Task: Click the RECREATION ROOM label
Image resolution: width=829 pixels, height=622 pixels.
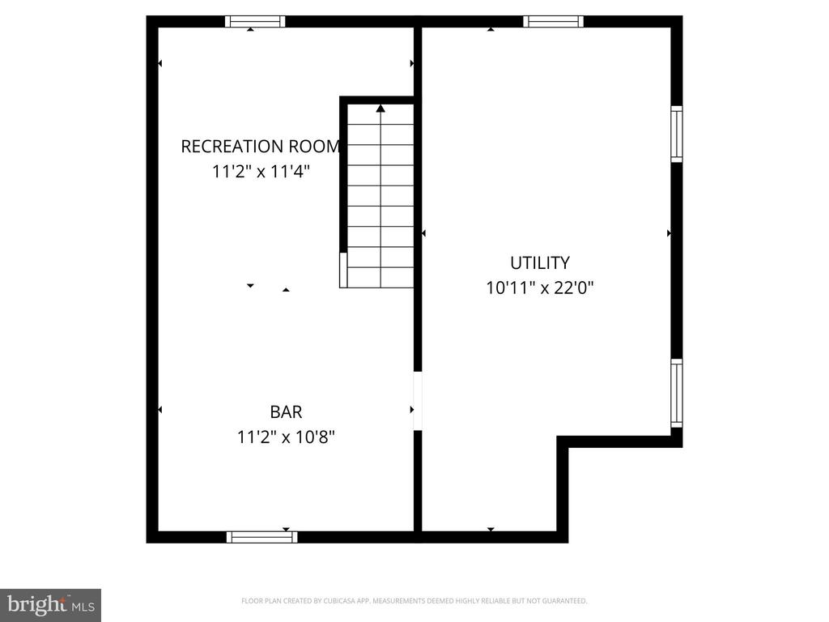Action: point(260,147)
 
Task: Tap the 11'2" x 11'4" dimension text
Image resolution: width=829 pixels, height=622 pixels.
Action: point(261,172)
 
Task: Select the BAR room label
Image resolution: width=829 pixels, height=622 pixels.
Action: point(286,411)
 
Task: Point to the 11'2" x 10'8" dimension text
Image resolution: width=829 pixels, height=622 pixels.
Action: point(286,437)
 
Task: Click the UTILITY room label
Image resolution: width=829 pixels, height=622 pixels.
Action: point(539,262)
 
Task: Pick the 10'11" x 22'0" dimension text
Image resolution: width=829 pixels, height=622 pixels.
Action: point(540,288)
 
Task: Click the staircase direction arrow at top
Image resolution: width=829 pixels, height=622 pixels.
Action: point(380,108)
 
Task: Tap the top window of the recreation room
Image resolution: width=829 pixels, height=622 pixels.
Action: point(255,22)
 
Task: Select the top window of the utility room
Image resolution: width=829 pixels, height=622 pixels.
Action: point(553,22)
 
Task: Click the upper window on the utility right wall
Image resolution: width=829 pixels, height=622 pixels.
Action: point(677,134)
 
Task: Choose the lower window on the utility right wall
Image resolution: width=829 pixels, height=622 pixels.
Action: point(677,393)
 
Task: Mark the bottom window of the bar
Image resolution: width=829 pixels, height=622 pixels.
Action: point(261,536)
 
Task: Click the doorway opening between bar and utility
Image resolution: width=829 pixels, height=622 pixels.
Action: point(418,401)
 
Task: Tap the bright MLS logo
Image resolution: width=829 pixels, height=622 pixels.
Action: point(50,604)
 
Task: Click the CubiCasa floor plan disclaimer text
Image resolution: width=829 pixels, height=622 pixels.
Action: point(414,601)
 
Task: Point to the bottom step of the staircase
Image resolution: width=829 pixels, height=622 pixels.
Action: point(377,278)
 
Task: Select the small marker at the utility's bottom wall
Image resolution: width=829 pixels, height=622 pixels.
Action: point(491,530)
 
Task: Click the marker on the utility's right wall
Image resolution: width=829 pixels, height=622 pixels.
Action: point(669,233)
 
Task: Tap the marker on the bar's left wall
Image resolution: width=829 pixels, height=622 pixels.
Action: point(159,410)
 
